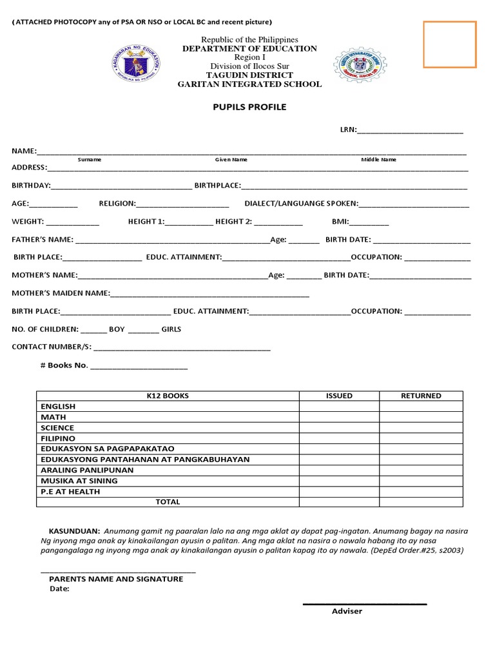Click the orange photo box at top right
(x=450, y=44)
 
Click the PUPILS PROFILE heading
(x=251, y=107)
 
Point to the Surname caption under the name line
(x=90, y=159)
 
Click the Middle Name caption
(x=379, y=159)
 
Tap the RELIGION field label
(x=117, y=204)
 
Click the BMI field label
(x=340, y=222)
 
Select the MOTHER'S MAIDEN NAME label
(x=61, y=293)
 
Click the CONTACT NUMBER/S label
(x=52, y=347)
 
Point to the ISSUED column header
(x=339, y=396)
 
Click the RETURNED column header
(x=421, y=396)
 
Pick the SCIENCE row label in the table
(x=57, y=428)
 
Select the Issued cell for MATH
(x=339, y=417)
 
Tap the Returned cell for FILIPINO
(x=421, y=438)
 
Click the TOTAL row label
(x=168, y=501)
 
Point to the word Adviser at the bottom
(x=347, y=611)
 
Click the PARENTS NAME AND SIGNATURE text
(x=116, y=579)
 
